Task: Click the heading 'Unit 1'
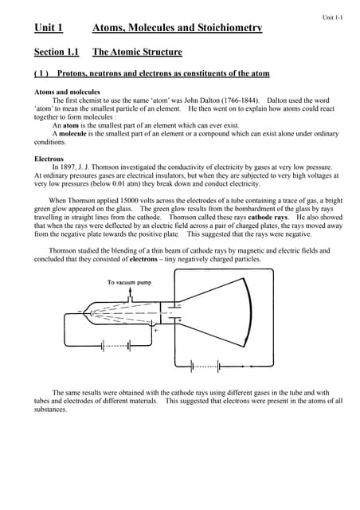pyautogui.click(x=49, y=28)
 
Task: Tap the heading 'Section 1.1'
pyautogui.click(x=57, y=53)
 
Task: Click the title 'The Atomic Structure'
pyautogui.click(x=137, y=53)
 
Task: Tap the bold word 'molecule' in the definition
pyautogui.click(x=76, y=134)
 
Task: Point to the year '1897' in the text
pyautogui.click(x=68, y=167)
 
